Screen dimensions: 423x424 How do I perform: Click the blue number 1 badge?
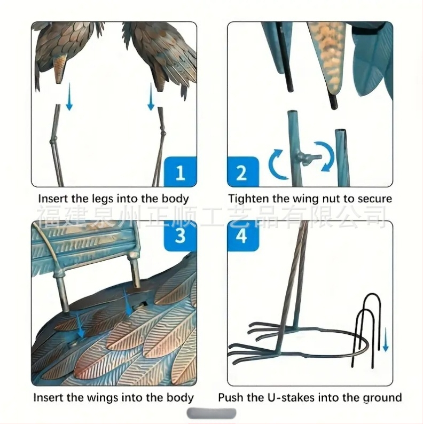point(181,172)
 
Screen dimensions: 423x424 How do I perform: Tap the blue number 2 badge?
point(242,172)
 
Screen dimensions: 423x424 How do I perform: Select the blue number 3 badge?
point(181,236)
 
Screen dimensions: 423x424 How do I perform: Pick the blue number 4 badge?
point(242,236)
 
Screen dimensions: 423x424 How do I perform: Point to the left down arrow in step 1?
point(69,97)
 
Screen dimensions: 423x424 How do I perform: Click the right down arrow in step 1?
point(151,97)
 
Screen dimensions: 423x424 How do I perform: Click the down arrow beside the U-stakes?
point(385,339)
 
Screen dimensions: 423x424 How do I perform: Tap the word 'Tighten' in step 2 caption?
point(248,199)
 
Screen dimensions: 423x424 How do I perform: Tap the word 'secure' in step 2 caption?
point(374,199)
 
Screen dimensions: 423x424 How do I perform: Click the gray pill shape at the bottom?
point(211,413)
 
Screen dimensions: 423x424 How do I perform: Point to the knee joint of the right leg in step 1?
point(163,133)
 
